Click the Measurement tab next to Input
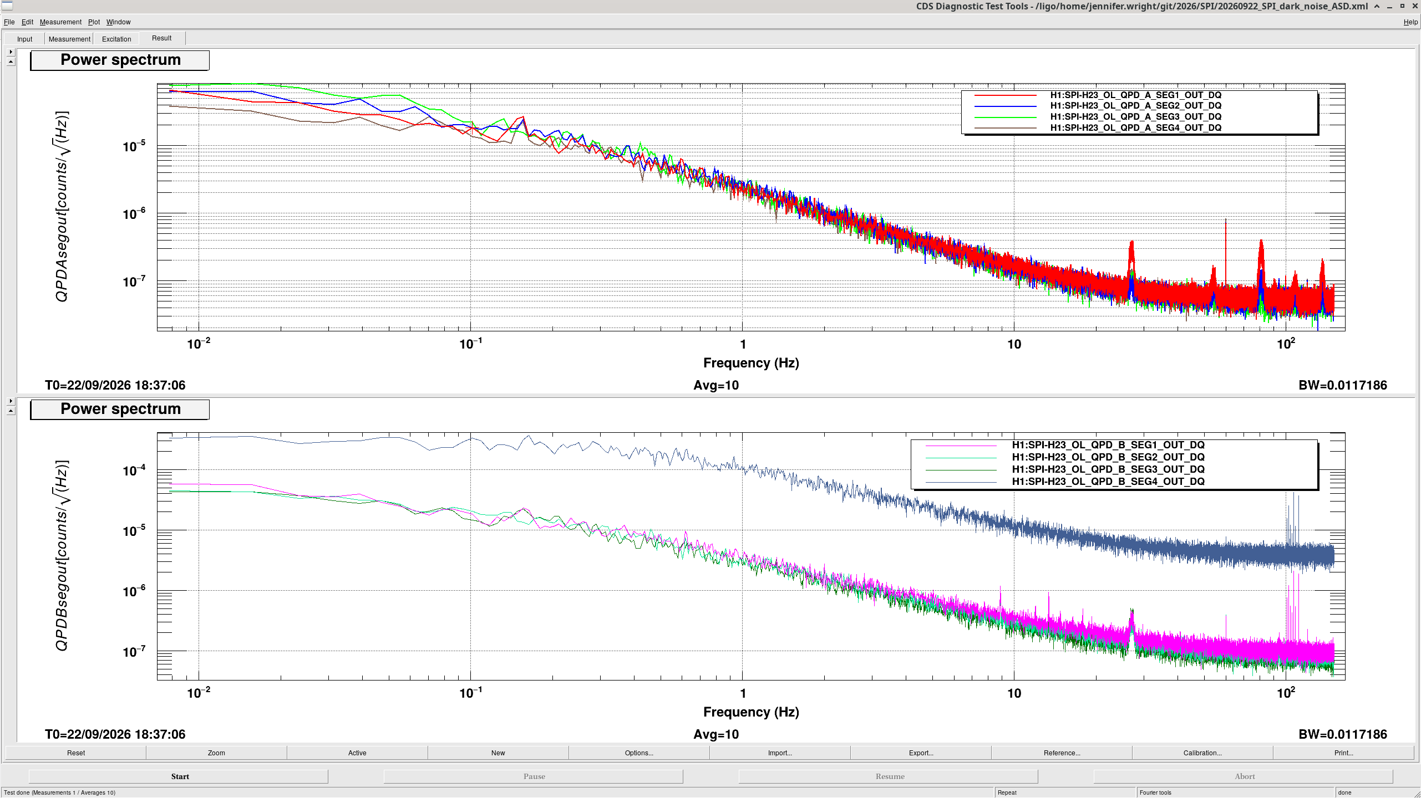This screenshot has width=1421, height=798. [69, 39]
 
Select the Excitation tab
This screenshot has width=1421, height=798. [116, 39]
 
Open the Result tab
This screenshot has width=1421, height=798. [162, 38]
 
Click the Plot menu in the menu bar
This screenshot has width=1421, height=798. [94, 22]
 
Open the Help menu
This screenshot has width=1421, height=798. [1410, 22]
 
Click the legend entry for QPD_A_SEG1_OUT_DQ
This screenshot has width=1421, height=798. [1135, 95]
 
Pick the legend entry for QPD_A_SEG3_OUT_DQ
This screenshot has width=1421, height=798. [1135, 117]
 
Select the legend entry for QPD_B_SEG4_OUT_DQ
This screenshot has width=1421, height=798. [1108, 482]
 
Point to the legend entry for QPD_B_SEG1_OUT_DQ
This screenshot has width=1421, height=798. [1108, 445]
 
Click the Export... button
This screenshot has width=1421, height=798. [921, 753]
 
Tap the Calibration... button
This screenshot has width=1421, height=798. [1202, 753]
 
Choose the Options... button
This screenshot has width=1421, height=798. [639, 753]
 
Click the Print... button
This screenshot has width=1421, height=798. [1343, 753]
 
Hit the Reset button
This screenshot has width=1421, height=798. [76, 753]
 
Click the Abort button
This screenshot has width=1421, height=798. [1244, 776]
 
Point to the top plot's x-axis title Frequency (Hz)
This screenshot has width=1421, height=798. [751, 363]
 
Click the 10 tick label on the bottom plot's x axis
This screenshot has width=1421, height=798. [1014, 693]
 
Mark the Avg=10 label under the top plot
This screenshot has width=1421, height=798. [716, 385]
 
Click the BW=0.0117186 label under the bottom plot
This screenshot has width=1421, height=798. [1342, 734]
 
